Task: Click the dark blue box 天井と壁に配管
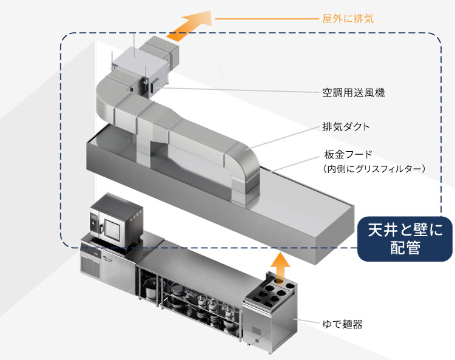(x=405, y=239)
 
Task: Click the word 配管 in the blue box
(x=405, y=249)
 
